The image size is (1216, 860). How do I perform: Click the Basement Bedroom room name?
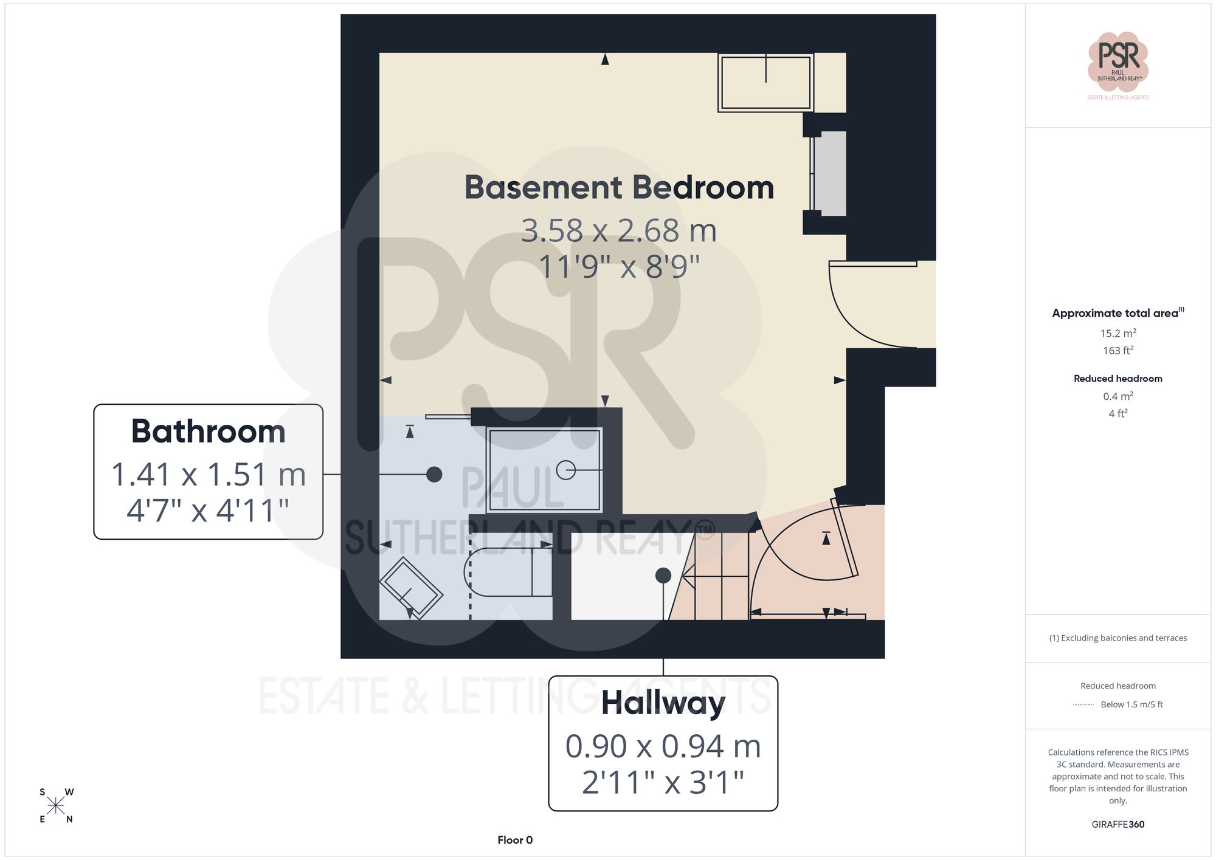(619, 187)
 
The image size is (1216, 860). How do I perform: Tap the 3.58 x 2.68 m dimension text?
(619, 231)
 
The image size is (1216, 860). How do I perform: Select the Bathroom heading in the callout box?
(208, 432)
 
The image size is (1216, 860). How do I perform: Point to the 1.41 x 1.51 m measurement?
(208, 475)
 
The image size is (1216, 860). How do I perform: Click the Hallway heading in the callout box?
(663, 703)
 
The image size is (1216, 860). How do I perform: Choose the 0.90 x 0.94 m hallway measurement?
(663, 746)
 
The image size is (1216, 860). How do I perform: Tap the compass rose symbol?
(56, 806)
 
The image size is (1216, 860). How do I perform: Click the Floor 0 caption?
(515, 840)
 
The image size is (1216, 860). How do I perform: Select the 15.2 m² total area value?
(1118, 333)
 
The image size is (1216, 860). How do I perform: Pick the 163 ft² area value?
(1118, 351)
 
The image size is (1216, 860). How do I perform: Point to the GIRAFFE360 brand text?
(1118, 824)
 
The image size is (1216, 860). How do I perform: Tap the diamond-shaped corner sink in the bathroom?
(411, 587)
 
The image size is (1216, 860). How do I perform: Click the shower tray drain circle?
(566, 470)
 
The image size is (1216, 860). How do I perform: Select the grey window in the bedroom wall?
(829, 173)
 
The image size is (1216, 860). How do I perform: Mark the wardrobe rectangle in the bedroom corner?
(765, 83)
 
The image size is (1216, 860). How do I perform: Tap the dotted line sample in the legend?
(1083, 705)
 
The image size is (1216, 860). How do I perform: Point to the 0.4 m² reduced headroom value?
(1118, 396)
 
